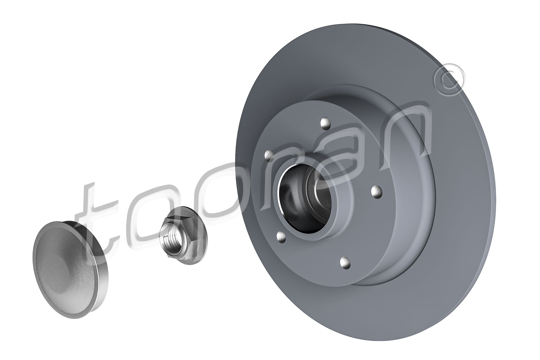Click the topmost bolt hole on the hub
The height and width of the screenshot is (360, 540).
coord(325,123)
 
